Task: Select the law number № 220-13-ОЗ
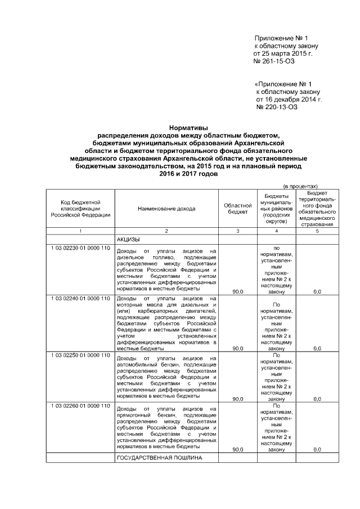click(277, 107)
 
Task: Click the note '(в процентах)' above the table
click(300, 186)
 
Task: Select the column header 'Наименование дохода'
click(166, 208)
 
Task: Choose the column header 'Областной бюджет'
click(237, 208)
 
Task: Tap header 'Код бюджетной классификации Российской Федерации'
click(80, 208)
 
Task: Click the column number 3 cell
click(237, 231)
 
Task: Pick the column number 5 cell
click(317, 231)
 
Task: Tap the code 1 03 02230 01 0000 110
click(80, 249)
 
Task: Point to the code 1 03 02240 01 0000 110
click(80, 298)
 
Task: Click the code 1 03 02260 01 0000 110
click(80, 406)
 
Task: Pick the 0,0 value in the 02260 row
click(317, 449)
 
